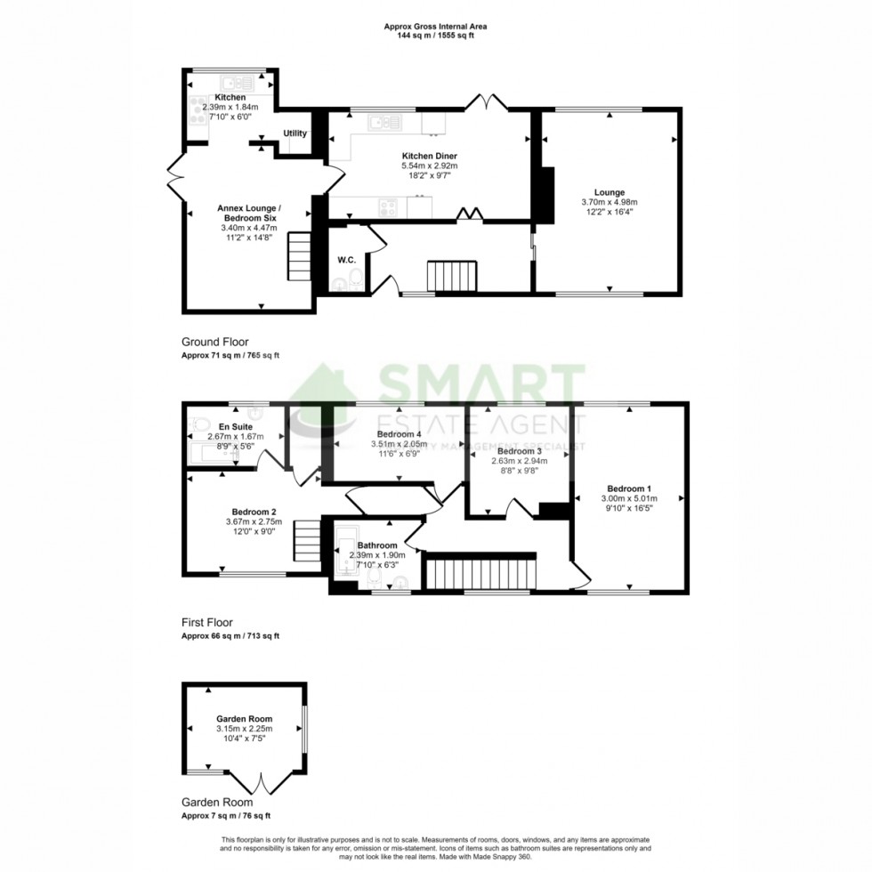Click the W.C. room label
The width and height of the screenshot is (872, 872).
pyautogui.click(x=347, y=260)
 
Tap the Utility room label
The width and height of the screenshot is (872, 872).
pyautogui.click(x=295, y=133)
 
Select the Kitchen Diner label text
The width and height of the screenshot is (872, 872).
pyautogui.click(x=430, y=156)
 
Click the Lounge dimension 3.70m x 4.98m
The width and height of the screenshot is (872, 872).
pyautogui.click(x=610, y=202)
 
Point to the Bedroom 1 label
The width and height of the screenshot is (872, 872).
pyautogui.click(x=629, y=488)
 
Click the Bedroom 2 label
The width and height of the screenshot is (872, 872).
pyautogui.click(x=254, y=512)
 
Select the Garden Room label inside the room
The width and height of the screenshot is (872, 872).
pyautogui.click(x=244, y=719)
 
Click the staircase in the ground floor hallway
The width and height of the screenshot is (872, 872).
pyautogui.click(x=452, y=276)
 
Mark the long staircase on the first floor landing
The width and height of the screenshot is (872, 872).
pyautogui.click(x=481, y=570)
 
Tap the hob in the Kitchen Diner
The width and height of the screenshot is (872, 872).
pyautogui.click(x=390, y=206)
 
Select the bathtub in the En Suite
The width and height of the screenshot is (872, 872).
pyautogui.click(x=214, y=455)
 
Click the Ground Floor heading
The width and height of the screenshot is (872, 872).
pyautogui.click(x=214, y=342)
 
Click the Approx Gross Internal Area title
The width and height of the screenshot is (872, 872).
pyautogui.click(x=435, y=27)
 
